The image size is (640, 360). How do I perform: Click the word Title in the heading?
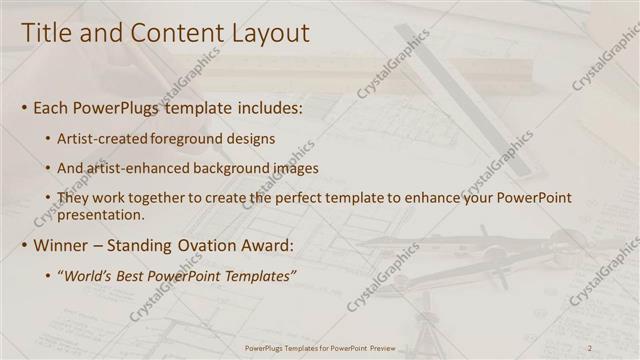point(47,33)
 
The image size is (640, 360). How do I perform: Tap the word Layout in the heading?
point(267,33)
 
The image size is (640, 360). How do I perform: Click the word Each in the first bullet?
point(52,107)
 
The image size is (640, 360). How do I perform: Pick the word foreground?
point(190,138)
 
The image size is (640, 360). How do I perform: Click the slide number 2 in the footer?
point(590,347)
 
